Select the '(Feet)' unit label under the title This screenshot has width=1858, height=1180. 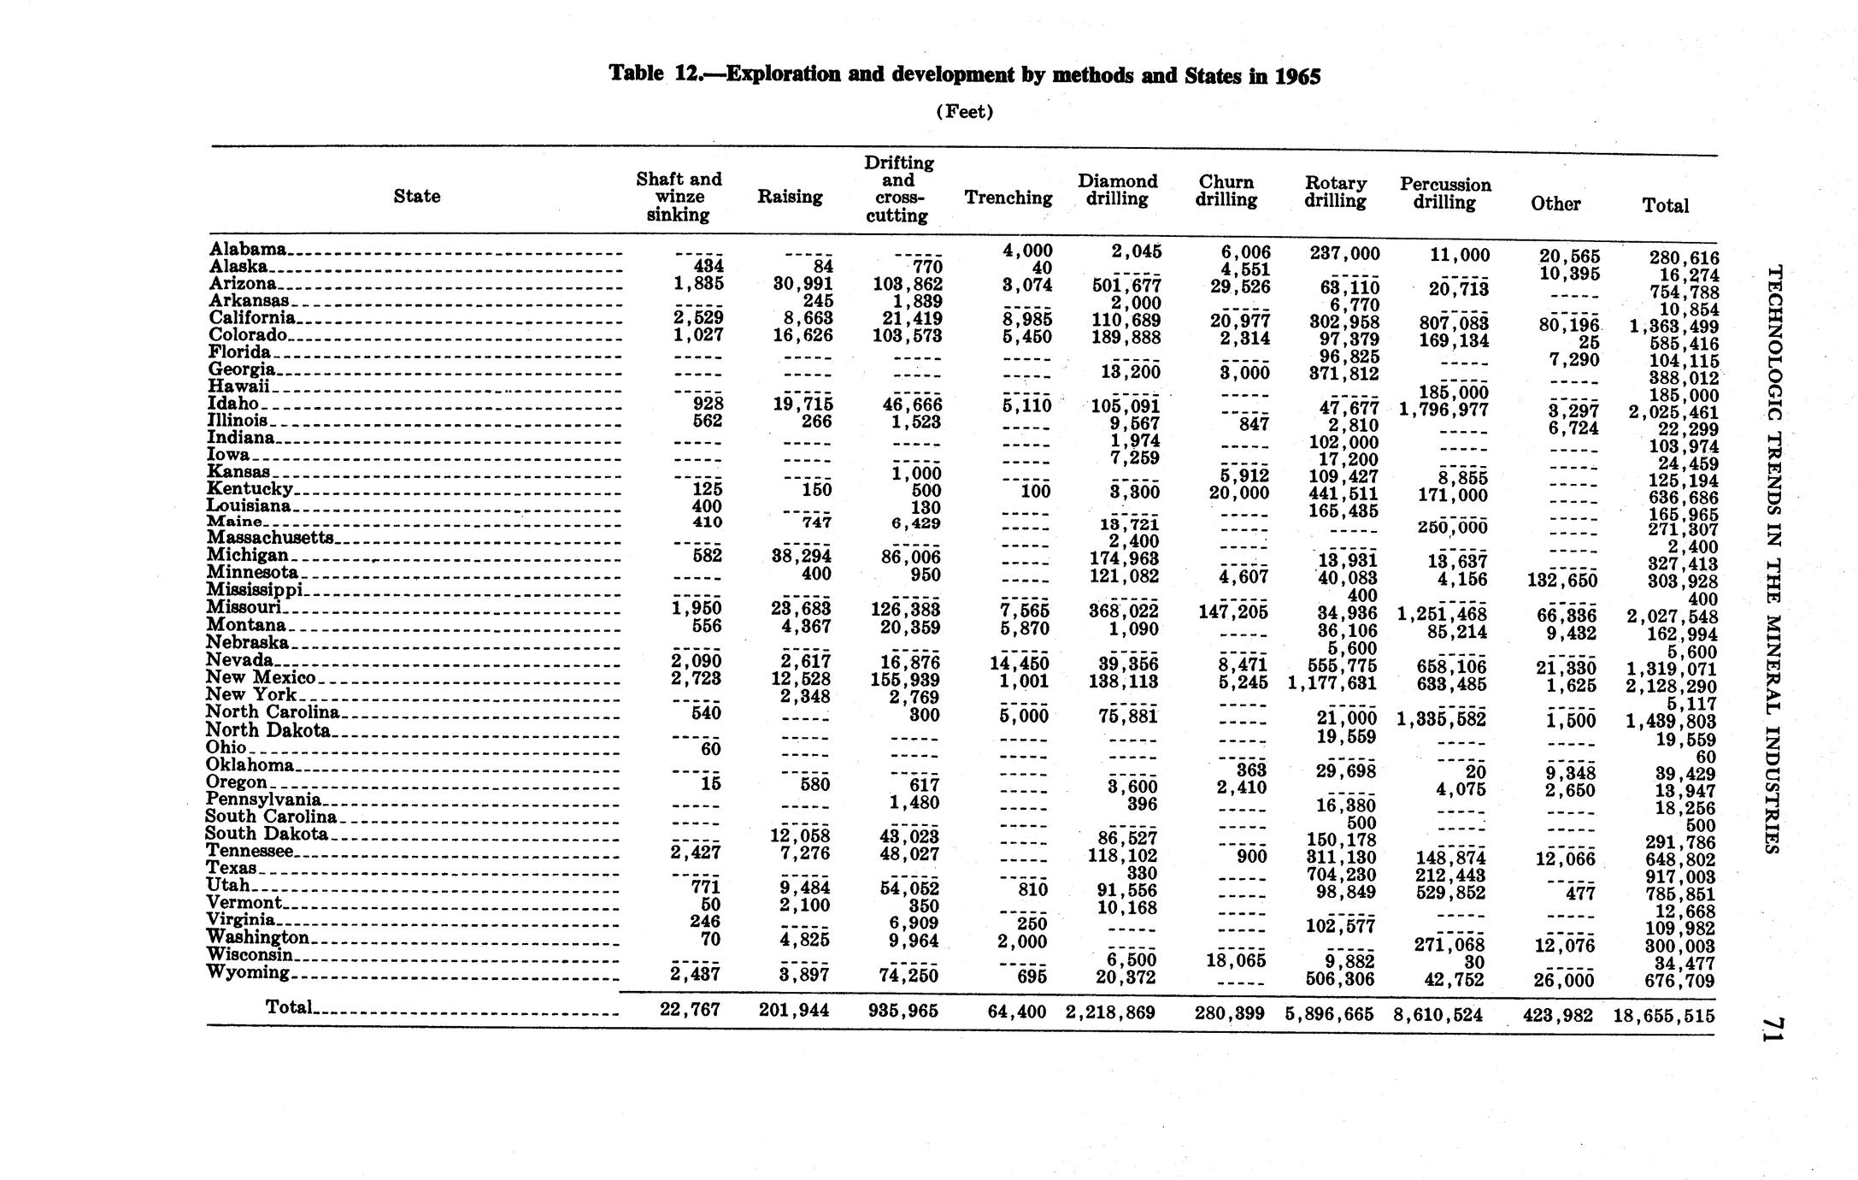pos(965,112)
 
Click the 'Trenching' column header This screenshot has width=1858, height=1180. pos(1008,198)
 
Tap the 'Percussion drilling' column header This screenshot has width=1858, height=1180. pos(1444,193)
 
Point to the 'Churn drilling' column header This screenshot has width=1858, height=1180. pos(1226,191)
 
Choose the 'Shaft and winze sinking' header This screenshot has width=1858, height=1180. pos(679,197)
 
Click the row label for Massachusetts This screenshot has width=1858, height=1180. pos(269,538)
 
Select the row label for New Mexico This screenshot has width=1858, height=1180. pos(261,677)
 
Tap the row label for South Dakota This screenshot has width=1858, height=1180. pos(267,834)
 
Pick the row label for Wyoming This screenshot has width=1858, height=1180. pos(249,972)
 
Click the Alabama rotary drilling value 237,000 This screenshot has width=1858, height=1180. pos(1344,253)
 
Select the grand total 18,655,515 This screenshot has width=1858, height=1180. pos(1663,1015)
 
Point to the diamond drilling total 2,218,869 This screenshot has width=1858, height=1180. pos(1110,1012)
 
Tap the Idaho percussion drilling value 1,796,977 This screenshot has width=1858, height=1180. pos(1443,410)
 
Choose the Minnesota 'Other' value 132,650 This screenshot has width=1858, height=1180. pos(1561,581)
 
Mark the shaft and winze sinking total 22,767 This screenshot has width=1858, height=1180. pos(690,1010)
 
